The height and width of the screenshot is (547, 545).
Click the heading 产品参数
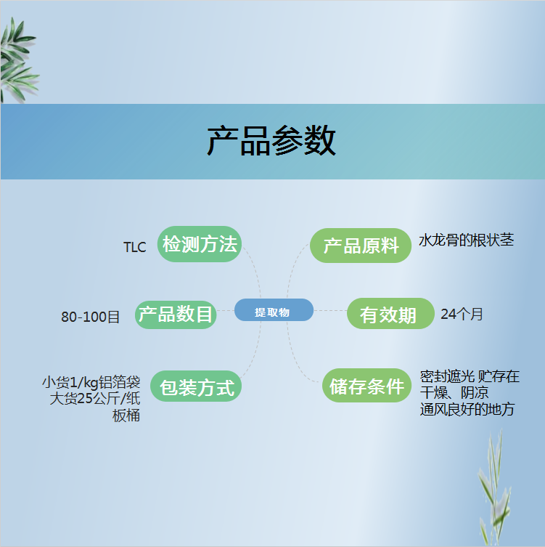271,141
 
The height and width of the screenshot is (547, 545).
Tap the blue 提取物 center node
274,309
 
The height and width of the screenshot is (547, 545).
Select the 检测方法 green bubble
200,244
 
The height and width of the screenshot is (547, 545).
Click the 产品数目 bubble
176,315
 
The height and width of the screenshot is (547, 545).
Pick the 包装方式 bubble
196,386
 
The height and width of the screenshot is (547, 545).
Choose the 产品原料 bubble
361,246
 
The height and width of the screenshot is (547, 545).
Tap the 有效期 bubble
390,313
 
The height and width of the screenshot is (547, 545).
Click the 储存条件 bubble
367,386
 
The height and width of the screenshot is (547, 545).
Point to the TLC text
135,247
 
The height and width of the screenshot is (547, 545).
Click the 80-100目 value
91,317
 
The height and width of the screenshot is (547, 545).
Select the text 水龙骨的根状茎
466,240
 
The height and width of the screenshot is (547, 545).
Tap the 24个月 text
462,314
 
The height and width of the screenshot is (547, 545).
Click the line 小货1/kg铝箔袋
91,382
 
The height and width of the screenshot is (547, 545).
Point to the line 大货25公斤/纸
95,398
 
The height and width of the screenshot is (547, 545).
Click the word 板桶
126,416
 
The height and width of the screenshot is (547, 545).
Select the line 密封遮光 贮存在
470,376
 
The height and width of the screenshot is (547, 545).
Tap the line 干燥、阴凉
454,393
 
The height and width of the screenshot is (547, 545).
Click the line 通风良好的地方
467,409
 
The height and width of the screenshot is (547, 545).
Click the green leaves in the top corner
18,61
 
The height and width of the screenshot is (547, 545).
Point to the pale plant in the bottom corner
494,488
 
